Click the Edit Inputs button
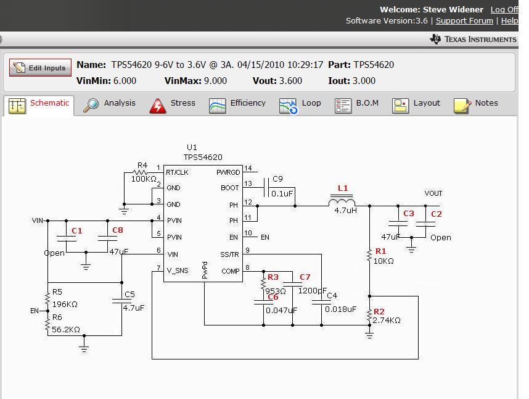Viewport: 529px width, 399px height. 41,68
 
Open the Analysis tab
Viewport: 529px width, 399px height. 110,104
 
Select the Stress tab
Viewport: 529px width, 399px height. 173,104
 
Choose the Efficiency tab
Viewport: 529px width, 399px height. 237,104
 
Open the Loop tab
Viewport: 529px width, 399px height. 301,104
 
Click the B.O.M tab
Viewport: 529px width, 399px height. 357,104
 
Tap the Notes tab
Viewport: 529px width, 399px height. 477,104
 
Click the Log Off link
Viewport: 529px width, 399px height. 504,9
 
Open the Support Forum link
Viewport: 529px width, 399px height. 464,20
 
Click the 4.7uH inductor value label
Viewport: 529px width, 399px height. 345,211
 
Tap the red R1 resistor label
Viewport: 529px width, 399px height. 380,251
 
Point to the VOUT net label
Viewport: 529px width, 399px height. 433,193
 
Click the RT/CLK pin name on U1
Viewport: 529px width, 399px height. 177,172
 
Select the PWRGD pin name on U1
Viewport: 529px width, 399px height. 228,172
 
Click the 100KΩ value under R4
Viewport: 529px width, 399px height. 144,179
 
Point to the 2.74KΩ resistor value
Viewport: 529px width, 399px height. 387,321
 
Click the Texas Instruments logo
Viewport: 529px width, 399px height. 474,39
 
